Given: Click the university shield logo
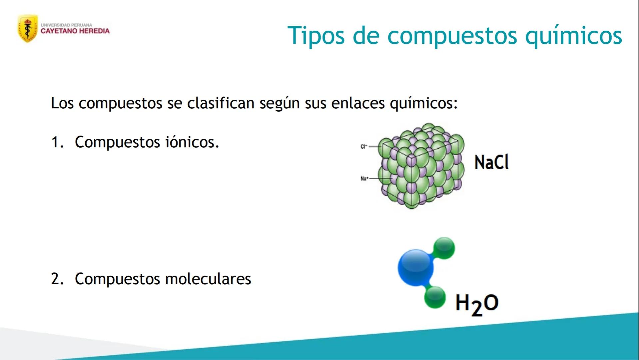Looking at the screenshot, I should click(27, 28).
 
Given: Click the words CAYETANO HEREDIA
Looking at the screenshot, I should click(75, 31).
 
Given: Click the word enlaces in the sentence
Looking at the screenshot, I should click(358, 103).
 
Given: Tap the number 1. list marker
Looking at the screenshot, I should click(57, 142).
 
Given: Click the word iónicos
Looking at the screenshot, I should click(192, 142).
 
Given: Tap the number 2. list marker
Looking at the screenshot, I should click(57, 279).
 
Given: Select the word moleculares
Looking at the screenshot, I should click(208, 279).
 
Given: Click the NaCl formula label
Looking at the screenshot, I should click(491, 163).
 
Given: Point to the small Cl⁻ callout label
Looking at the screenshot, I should click(363, 146).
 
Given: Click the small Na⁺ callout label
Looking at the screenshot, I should click(364, 179).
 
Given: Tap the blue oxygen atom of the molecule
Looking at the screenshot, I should click(415, 268).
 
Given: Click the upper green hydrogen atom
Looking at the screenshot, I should click(444, 248).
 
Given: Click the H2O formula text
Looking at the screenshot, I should click(476, 304).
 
